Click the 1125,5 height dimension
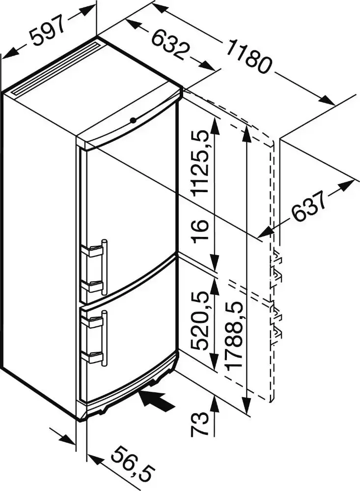click(x=201, y=163)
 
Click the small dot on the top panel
click(x=133, y=120)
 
